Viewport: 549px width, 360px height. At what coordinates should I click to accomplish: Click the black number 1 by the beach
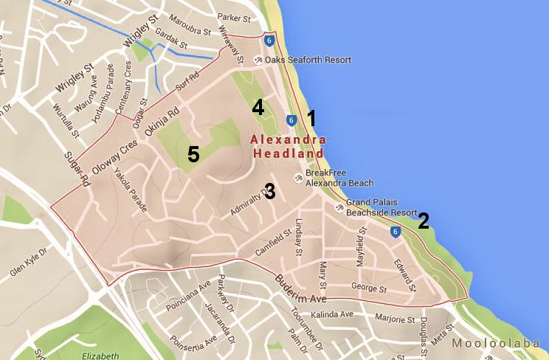pyautogui.click(x=311, y=117)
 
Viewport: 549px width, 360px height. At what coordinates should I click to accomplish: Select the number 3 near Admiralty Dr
pyautogui.click(x=269, y=192)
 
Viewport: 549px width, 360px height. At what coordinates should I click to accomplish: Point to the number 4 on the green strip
pyautogui.click(x=258, y=108)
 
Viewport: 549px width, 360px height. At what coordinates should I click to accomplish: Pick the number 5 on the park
pyautogui.click(x=193, y=154)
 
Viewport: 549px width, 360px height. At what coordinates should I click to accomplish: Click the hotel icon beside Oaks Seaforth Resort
pyautogui.click(x=258, y=60)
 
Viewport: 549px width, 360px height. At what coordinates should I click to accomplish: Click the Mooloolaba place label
pyautogui.click(x=500, y=343)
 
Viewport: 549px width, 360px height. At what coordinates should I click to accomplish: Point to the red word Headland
pyautogui.click(x=288, y=154)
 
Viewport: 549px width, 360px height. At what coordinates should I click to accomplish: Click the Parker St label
pyautogui.click(x=235, y=16)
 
